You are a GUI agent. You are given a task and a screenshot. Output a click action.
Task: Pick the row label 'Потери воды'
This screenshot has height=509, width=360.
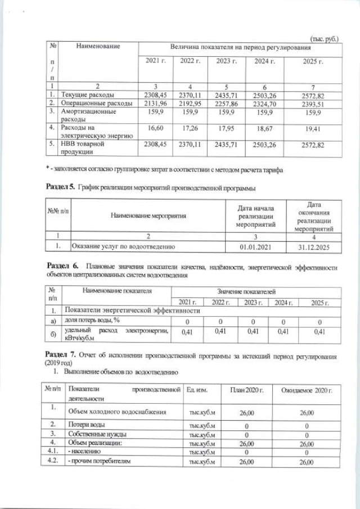86,424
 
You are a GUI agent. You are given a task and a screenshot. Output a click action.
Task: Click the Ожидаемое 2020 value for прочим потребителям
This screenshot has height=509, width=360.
306,461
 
